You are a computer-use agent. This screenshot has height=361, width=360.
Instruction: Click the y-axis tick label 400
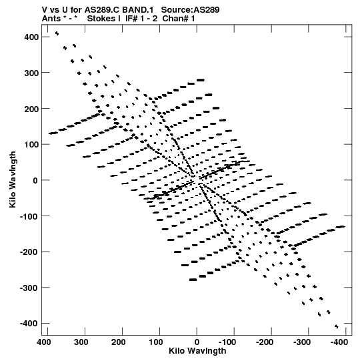point(31,37)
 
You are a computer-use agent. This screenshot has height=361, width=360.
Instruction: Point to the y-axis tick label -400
point(29,324)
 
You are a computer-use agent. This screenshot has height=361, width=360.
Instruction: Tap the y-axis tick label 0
point(35,180)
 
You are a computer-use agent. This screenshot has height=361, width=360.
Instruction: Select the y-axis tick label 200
point(31,109)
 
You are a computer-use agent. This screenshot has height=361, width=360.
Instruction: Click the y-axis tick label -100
point(29,216)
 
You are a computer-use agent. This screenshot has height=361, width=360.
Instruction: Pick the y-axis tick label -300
point(29,288)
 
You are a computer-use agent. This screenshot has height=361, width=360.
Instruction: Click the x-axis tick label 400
point(44,342)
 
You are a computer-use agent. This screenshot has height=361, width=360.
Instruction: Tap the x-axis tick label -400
point(339,342)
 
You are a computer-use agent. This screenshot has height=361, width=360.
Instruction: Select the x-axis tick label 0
point(197,342)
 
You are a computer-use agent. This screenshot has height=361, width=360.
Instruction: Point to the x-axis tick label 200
point(119,342)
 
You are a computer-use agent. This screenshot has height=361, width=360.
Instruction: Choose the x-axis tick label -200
point(265,342)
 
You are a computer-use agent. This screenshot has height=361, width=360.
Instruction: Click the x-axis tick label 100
point(156,342)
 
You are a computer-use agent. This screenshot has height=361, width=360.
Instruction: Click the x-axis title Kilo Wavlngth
point(197,351)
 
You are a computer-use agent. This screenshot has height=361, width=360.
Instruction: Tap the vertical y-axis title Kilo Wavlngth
point(13,179)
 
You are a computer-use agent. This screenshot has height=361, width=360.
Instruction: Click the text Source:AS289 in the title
point(190,9)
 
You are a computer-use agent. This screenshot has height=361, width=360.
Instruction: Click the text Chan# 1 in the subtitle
point(179,19)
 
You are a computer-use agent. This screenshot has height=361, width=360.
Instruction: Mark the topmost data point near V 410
point(57,33)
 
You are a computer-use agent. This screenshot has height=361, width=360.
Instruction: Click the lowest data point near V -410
point(337,327)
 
